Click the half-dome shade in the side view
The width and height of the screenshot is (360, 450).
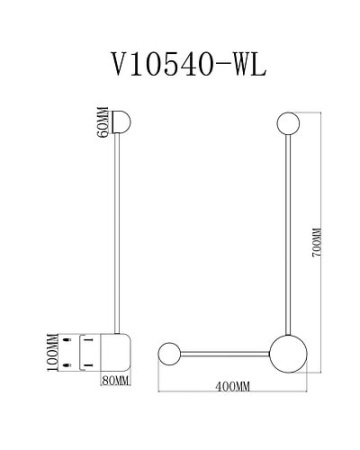(125, 123)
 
